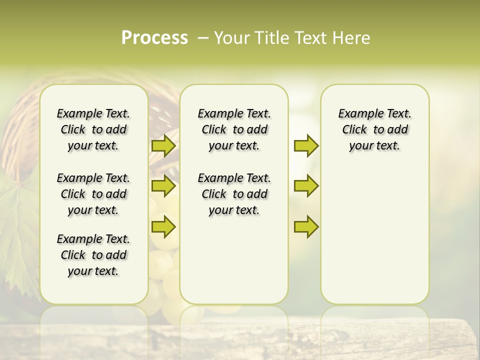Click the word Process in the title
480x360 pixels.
[154, 38]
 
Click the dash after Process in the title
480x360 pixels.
[203, 38]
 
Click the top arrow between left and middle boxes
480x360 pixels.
[163, 146]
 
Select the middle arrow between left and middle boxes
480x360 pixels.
[163, 186]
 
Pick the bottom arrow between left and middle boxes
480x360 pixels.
[163, 226]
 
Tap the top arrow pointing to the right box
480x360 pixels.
[306, 146]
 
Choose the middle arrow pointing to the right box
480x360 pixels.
[306, 186]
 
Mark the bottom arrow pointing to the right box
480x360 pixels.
[306, 226]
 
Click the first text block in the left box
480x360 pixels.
[93, 129]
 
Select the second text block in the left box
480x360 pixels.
[93, 194]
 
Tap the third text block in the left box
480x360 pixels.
[93, 255]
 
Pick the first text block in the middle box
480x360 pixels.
[234, 129]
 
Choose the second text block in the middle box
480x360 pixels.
[234, 194]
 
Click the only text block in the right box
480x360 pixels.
[374, 129]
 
